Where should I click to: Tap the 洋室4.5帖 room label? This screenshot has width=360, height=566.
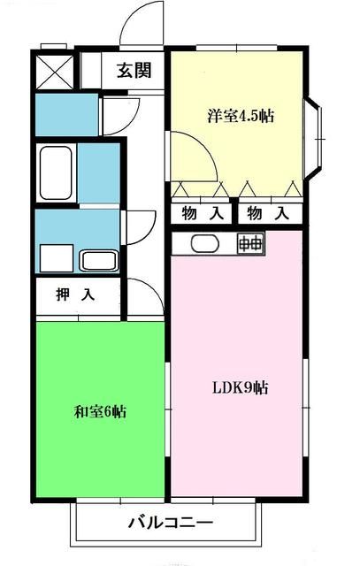coord(239,117)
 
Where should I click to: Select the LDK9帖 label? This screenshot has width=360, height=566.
coord(240,387)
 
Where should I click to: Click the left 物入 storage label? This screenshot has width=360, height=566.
coord(202,213)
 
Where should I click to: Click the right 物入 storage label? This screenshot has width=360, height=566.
coord(267,213)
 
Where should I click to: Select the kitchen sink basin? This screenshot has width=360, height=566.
coord(203,243)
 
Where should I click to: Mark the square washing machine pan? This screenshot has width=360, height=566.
coord(56,259)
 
